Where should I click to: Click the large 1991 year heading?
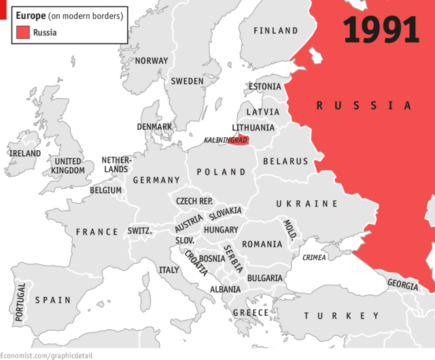381,31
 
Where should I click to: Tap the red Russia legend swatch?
23,31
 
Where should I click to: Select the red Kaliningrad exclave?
237,141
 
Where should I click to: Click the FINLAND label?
275,31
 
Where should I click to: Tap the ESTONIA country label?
264,87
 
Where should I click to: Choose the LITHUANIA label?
253,128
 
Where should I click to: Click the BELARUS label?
285,162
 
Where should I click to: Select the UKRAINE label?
307,204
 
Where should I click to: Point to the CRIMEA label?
314,257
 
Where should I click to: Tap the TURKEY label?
342,316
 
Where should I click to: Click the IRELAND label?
24,154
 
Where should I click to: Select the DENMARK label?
154,126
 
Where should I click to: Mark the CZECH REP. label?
194,202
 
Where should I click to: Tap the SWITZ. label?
139,231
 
